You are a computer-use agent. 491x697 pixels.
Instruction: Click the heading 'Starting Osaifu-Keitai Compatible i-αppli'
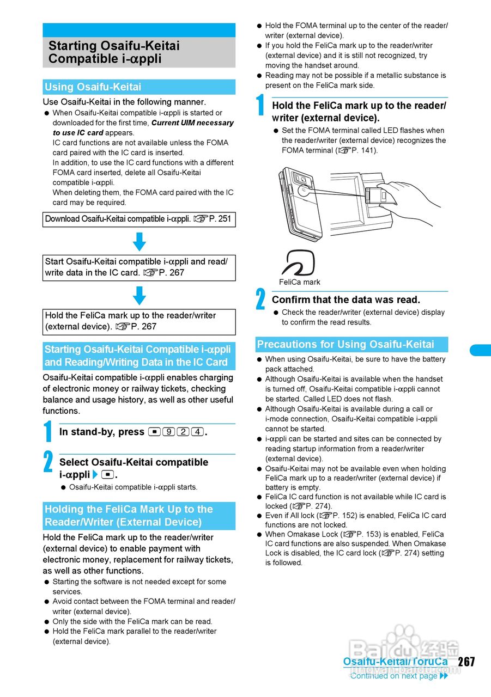coord(114,52)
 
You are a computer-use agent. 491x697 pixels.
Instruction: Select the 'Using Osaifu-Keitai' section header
coord(93,87)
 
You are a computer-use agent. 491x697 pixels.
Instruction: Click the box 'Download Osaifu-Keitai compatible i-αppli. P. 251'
coord(138,219)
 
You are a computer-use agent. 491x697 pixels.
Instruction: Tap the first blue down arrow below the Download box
coord(140,241)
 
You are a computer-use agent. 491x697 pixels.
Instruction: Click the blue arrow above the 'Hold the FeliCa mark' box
coord(140,295)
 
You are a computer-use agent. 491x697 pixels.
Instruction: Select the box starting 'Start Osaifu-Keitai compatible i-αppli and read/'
coord(138,267)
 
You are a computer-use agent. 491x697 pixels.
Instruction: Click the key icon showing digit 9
coord(168,432)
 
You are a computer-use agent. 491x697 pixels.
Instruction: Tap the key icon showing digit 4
coord(198,432)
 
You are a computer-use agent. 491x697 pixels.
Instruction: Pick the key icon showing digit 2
coord(183,432)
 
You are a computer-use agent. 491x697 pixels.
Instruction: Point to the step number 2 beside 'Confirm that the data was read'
coord(260,300)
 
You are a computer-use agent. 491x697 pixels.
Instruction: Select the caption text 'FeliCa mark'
coord(300,282)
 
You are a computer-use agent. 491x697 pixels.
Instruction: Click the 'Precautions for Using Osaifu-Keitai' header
coord(345,345)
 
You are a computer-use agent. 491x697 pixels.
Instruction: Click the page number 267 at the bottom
coord(466,662)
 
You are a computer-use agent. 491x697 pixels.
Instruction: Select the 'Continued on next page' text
coord(393,676)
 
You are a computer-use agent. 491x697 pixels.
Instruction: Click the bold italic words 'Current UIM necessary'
coord(192,123)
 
